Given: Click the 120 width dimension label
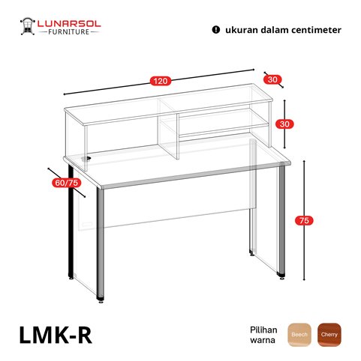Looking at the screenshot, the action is (x=161, y=81).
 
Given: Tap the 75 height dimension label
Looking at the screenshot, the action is (x=304, y=220).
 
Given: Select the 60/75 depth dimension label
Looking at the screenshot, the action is (x=67, y=183).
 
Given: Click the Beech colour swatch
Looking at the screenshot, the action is (x=299, y=335).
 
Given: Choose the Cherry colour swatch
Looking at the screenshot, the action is (x=329, y=335).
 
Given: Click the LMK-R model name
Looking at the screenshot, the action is (x=56, y=336).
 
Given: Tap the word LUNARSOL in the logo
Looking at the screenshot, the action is (x=69, y=24).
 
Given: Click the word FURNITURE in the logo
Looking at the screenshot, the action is (x=69, y=32).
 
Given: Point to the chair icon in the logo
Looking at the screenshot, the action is (x=27, y=26).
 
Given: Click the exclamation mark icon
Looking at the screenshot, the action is (x=215, y=30).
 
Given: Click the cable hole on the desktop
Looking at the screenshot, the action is (x=86, y=158).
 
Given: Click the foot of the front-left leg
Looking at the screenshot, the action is (x=101, y=300).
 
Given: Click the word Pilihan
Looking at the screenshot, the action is (x=263, y=330).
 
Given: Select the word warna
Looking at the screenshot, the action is (x=263, y=340).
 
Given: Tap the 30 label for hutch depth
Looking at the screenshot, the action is (x=272, y=79).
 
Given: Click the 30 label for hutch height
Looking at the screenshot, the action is (x=284, y=124).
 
